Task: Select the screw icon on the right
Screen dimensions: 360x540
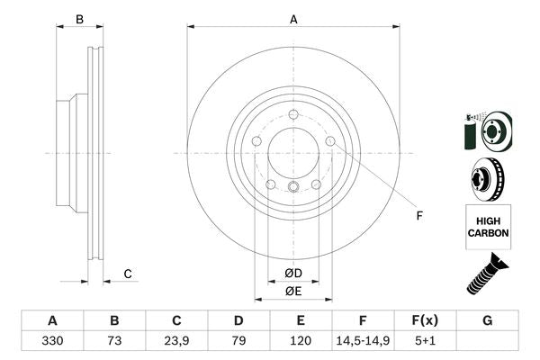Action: tap(487, 274)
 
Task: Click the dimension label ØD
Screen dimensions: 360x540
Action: tap(292, 274)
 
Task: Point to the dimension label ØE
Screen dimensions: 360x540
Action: tap(292, 291)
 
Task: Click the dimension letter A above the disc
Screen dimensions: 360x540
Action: tap(293, 19)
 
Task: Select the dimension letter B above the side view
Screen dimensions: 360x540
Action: tap(79, 19)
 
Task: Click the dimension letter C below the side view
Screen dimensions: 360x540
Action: tap(128, 274)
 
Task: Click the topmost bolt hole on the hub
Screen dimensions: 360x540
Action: tap(293, 112)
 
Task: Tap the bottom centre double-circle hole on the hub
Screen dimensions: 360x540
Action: tap(293, 187)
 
